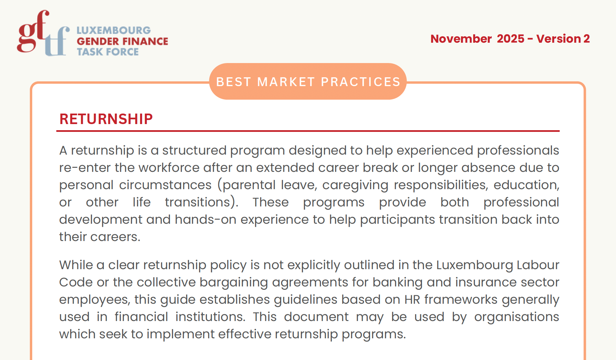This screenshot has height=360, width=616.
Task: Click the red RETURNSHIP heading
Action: coord(106,119)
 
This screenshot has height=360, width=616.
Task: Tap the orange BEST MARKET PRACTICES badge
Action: coord(308,82)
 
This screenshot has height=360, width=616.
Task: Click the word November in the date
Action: coord(461,39)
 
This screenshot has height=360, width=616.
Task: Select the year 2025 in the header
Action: coord(511,39)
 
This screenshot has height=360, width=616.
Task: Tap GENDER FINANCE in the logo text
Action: coord(122,41)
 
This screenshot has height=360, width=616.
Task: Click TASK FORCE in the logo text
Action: coord(108,52)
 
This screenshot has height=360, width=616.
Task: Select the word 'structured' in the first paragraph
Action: coord(194,150)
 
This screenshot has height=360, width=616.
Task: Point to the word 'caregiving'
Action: coord(355,185)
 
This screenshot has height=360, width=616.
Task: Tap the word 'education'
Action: coord(526,185)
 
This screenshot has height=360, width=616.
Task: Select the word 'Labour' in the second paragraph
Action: coord(538,265)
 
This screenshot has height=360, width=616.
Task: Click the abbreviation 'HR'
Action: coord(412,299)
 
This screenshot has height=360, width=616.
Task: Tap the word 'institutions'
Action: coord(210,317)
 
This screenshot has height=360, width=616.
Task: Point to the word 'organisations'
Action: coord(516,317)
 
